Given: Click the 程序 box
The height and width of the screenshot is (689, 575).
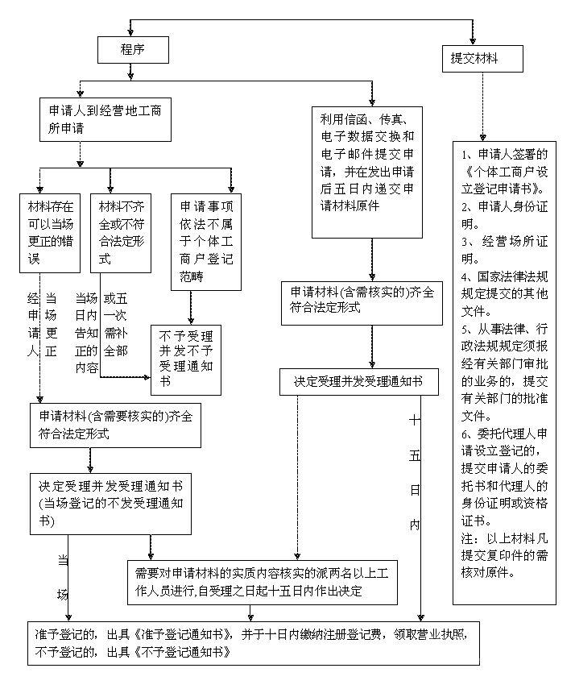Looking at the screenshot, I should [x=133, y=50].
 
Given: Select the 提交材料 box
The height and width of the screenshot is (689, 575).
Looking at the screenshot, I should [x=482, y=59].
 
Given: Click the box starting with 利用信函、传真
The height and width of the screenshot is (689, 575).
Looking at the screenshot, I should [x=367, y=173].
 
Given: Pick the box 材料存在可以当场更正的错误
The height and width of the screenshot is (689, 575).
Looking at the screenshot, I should [x=51, y=231].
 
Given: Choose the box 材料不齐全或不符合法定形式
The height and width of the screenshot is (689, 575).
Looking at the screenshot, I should [x=121, y=231].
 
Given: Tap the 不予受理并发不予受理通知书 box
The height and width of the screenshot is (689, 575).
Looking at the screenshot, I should [x=186, y=359].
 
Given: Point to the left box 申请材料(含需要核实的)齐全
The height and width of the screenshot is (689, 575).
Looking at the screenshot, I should [x=115, y=425].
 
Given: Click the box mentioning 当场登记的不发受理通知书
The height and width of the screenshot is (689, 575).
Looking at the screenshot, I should [x=111, y=504].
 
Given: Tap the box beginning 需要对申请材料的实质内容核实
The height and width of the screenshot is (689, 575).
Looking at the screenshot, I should [x=263, y=581].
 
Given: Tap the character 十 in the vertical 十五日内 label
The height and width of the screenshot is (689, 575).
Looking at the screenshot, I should [x=415, y=420].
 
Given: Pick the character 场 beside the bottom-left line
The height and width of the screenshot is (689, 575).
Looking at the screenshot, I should [x=62, y=595].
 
